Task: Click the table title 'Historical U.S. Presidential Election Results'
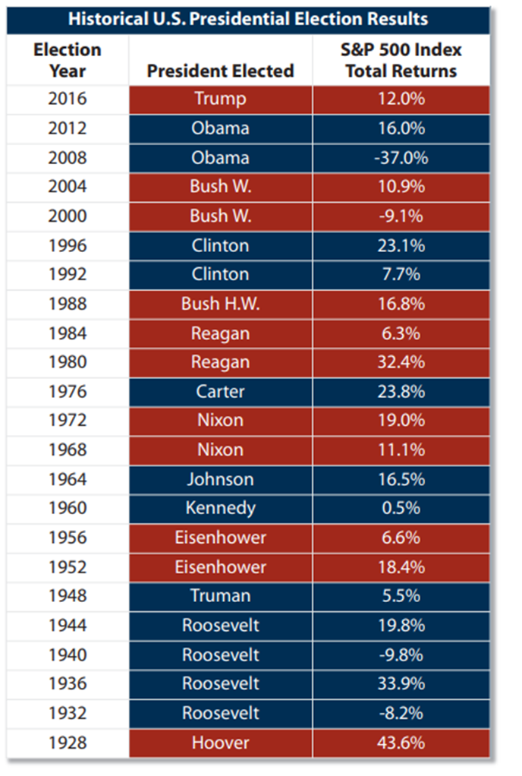tap(248, 19)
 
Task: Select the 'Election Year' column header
tap(68, 60)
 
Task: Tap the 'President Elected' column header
tap(221, 71)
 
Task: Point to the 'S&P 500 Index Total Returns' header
tap(401, 60)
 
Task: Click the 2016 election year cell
tap(68, 99)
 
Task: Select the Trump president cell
tap(221, 99)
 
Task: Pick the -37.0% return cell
tap(401, 158)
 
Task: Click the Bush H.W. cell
tap(221, 304)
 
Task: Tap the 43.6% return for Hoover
tap(401, 743)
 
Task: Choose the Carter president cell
tap(221, 392)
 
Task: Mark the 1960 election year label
tap(68, 508)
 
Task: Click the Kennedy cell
tap(221, 509)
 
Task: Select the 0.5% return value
tap(401, 508)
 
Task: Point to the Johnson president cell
tap(221, 479)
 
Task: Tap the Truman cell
tap(221, 595)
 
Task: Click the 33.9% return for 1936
tap(401, 683)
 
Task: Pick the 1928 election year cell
tap(68, 743)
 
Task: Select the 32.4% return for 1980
tap(401, 361)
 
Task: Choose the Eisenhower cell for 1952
tap(221, 566)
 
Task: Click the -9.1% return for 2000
tap(401, 216)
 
